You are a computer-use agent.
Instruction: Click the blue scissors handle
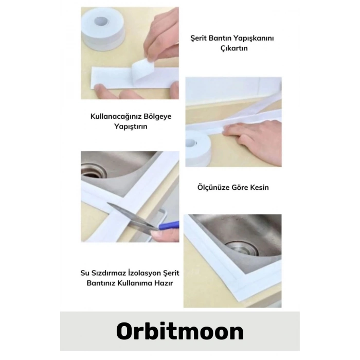pos(169,225)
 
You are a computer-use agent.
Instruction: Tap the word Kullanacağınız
pos(116,116)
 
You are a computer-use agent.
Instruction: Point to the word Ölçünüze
pos(214,187)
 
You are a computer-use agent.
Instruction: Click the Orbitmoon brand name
pos(179,332)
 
